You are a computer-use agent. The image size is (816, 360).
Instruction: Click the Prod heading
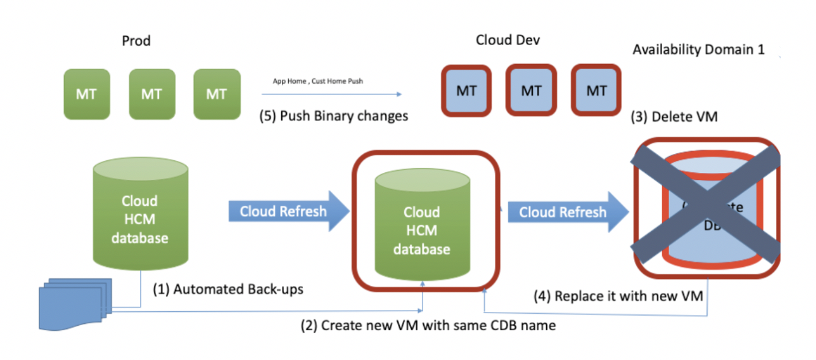pos(136,41)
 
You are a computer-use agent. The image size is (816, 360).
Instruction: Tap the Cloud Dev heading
pos(507,40)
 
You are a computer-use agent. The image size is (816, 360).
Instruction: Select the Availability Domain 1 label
pos(698,49)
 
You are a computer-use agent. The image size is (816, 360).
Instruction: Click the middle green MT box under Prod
pos(151,94)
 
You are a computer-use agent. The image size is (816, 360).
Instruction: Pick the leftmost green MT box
pos(87,94)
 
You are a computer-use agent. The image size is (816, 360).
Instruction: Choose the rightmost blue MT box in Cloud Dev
pos(596,91)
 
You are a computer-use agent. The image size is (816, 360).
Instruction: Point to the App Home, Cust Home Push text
pos(317,81)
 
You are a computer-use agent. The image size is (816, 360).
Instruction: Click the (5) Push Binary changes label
pos(334,116)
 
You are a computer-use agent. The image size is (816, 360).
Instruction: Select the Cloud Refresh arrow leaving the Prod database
pos(288,211)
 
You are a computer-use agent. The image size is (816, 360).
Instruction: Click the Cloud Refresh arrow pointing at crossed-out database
pos(568,212)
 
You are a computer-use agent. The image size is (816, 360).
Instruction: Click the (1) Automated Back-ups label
pos(228,290)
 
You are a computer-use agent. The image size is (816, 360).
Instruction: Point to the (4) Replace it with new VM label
pos(628,295)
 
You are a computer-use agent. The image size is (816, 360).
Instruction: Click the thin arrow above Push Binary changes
pos(333,94)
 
